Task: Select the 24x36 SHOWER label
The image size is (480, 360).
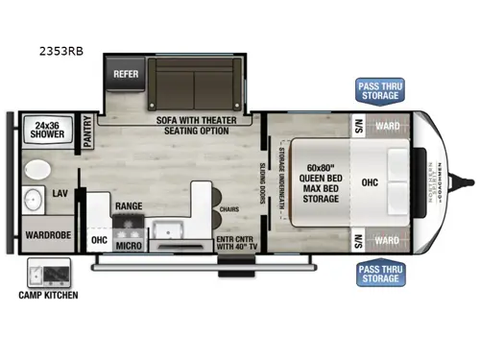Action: coord(44,130)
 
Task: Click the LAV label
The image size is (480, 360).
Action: coord(59,193)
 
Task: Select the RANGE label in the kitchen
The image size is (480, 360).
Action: coord(130,206)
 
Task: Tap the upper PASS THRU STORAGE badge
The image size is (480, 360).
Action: coord(380,90)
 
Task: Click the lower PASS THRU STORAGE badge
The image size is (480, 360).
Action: coord(380,273)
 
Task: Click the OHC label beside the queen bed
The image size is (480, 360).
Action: coord(370,179)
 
